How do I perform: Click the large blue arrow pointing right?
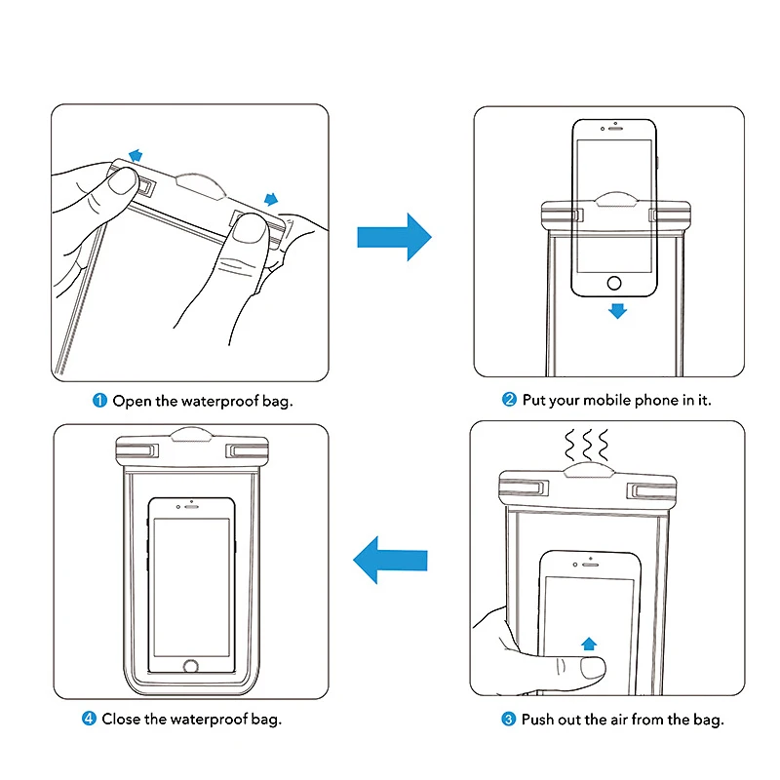394,237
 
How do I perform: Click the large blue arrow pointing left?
390,560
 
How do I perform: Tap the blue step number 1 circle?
99,401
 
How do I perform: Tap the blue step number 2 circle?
509,400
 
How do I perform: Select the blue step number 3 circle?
508,719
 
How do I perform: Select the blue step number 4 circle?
89,719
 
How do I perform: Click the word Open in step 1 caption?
132,401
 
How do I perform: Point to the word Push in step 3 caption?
537,720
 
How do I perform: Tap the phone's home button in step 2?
614,283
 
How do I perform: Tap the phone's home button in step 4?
191,666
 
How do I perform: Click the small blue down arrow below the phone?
617,311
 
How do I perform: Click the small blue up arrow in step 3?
589,643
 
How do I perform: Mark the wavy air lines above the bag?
587,445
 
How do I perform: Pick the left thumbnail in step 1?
124,181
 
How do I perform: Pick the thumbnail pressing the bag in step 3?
594,668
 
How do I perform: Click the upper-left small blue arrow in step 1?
136,155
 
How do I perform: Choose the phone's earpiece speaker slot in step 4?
192,507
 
